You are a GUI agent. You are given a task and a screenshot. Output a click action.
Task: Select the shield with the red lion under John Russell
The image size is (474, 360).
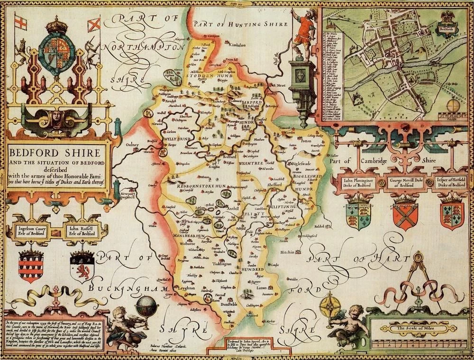click(81, 268)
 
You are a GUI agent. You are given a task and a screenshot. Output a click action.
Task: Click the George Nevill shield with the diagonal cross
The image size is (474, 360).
click(405, 212)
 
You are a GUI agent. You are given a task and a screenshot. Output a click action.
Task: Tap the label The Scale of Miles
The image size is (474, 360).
click(415, 328)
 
